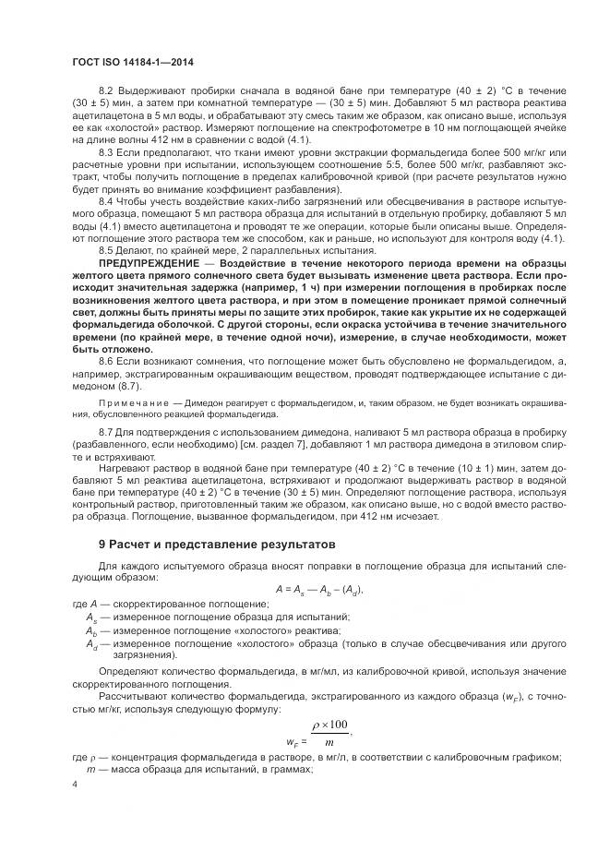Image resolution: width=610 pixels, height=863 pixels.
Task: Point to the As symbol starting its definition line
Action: [x=91, y=617]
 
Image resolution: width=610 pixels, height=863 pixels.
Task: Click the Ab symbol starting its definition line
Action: [x=91, y=629]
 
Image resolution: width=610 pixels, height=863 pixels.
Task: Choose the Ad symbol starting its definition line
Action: [x=91, y=642]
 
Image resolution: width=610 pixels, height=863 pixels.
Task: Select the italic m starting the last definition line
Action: [x=90, y=769]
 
